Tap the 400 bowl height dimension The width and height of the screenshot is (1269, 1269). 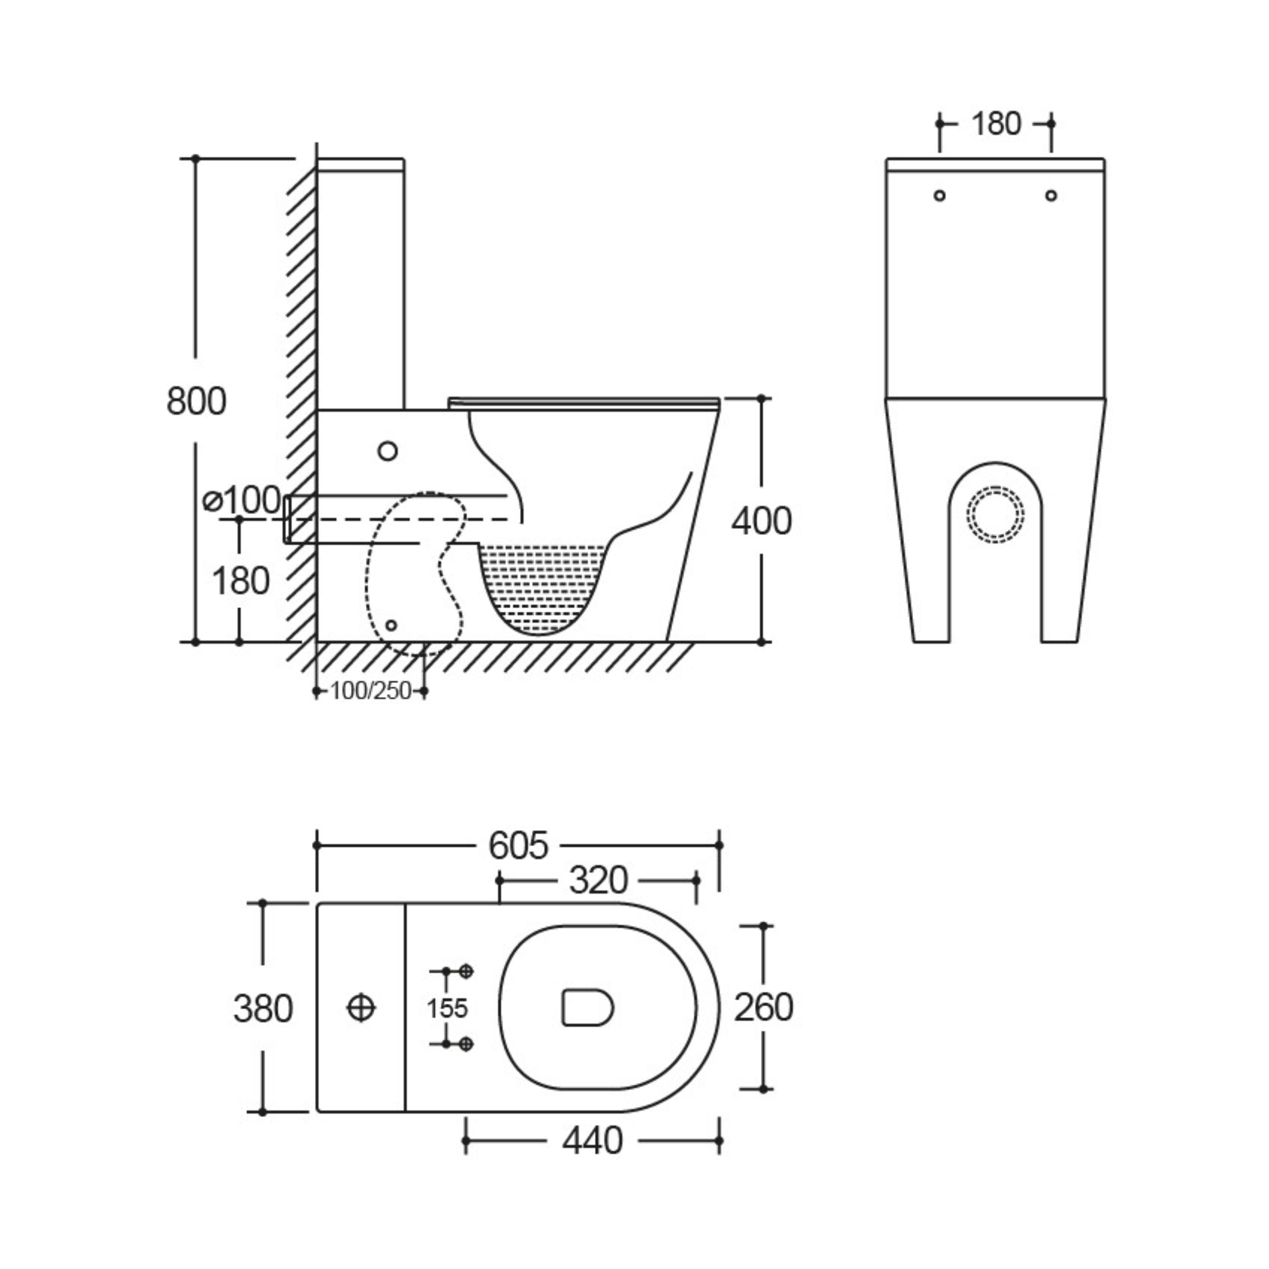(x=762, y=521)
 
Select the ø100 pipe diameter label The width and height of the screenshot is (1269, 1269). (x=242, y=501)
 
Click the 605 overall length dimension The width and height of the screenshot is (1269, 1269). (x=518, y=845)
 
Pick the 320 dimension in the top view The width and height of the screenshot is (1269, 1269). (x=598, y=880)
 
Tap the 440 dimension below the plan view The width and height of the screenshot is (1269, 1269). (x=592, y=1141)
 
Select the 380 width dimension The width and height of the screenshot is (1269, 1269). (x=263, y=1009)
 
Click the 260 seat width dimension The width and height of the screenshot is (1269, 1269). (x=763, y=1008)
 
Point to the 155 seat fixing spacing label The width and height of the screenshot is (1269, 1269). (x=447, y=1008)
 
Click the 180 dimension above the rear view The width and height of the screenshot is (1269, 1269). (x=996, y=123)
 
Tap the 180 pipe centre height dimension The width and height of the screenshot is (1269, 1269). (x=241, y=580)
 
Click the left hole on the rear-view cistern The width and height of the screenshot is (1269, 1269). (x=940, y=195)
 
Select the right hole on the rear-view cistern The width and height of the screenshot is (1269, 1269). (x=1051, y=195)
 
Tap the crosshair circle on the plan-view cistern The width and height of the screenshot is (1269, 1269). (x=360, y=1008)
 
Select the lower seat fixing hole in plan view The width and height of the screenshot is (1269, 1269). (x=465, y=1044)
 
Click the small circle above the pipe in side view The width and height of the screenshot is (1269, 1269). (x=388, y=451)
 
